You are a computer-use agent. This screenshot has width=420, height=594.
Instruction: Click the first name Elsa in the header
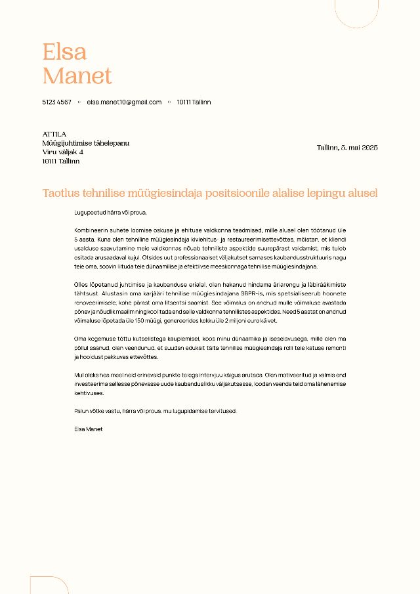click(64, 52)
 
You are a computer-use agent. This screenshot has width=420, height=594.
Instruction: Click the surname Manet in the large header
click(77, 76)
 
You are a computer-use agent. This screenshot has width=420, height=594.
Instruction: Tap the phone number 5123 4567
click(57, 102)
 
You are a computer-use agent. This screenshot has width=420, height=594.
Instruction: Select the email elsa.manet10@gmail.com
click(124, 102)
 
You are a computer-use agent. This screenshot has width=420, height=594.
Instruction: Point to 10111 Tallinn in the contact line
click(194, 102)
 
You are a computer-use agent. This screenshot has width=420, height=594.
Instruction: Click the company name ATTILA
click(54, 134)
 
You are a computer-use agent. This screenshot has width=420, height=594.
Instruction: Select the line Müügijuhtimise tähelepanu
click(86, 143)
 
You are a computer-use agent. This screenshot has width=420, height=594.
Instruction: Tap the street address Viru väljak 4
click(63, 152)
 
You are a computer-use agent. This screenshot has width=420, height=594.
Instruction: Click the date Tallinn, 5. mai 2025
click(347, 148)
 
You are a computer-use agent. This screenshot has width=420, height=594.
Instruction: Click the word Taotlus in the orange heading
click(61, 193)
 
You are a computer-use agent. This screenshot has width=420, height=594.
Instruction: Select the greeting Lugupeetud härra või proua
click(111, 213)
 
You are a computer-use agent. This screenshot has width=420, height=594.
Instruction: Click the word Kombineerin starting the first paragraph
click(91, 231)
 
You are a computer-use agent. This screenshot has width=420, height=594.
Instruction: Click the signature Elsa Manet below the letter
click(89, 429)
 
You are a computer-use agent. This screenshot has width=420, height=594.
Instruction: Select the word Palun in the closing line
click(82, 411)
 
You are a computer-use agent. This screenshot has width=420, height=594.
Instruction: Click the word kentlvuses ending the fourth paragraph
click(89, 392)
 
